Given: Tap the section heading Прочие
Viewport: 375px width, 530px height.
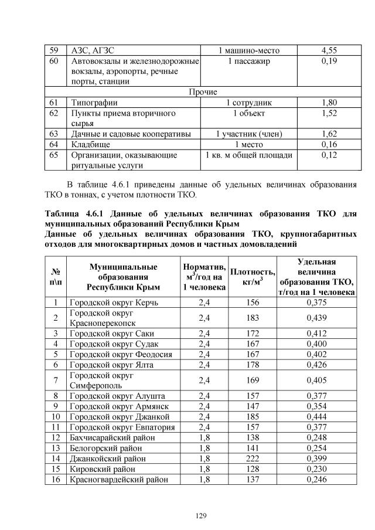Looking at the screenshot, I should pos(203,92).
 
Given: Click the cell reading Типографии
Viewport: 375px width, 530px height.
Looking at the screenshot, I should pos(94,103).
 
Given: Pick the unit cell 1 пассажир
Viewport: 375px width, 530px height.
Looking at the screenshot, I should pos(248,61).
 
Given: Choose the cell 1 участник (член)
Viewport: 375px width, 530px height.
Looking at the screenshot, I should pos(248,134).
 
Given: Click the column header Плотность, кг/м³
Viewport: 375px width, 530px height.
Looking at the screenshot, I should pos(253,277).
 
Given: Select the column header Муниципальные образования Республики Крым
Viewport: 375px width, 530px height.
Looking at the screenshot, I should pos(122,277).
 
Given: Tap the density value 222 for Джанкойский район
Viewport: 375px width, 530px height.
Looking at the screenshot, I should pos(253,458).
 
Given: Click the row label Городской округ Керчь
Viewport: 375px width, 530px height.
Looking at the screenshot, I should pos(113,303).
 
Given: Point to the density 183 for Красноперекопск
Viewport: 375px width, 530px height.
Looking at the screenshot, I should pos(253,318).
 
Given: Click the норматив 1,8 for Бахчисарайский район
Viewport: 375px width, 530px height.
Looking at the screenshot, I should pos(204,437).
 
